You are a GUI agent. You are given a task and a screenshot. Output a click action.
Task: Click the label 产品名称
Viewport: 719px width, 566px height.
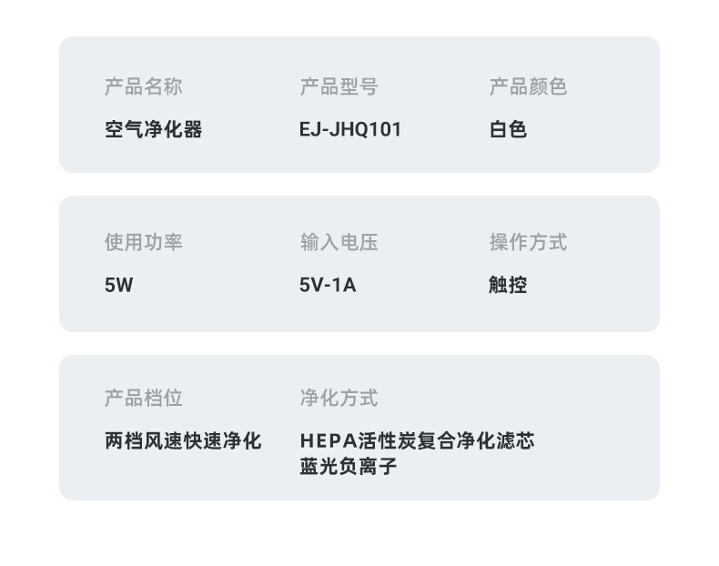[143, 87]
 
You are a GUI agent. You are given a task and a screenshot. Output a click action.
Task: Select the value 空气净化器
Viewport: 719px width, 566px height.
[153, 129]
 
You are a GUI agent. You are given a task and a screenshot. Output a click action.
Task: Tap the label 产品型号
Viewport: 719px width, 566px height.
[339, 87]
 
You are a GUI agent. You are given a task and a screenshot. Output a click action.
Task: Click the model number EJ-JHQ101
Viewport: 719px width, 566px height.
[350, 129]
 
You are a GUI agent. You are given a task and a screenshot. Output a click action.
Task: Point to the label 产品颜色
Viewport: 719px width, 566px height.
[528, 87]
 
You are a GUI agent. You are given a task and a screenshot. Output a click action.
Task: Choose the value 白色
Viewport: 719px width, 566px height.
[508, 129]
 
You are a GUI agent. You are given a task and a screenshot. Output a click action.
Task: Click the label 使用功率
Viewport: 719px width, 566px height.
[143, 243]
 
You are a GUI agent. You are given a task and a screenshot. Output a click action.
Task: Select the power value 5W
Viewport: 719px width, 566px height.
[118, 285]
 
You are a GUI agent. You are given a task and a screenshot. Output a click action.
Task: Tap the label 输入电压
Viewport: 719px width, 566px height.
[339, 243]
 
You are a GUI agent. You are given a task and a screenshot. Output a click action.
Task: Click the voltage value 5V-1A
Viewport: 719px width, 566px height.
[328, 285]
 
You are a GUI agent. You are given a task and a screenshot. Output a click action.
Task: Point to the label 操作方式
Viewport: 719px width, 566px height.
[528, 243]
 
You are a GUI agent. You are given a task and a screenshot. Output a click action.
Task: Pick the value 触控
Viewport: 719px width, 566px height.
[508, 285]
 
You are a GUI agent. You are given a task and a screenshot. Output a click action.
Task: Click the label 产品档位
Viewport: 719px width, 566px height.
[143, 399]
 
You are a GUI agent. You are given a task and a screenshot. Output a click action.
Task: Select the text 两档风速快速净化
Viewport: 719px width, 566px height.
[183, 441]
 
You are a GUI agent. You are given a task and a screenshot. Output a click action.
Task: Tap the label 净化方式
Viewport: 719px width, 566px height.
[339, 399]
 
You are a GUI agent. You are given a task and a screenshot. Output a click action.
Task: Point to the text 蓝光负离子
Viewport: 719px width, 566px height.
[349, 468]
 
